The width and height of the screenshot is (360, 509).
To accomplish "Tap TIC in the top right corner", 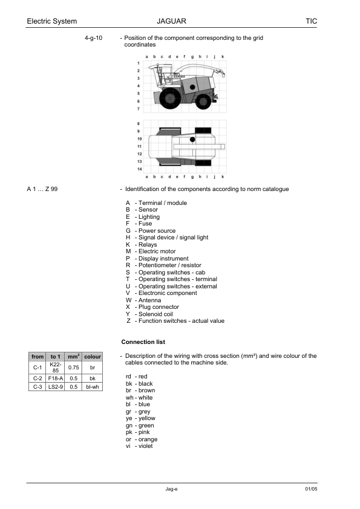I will pyautogui.click(x=311, y=21).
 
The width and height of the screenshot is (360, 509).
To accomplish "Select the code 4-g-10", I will pyautogui.click(x=94, y=38).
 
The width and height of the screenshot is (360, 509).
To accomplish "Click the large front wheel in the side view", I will pyautogui.click(x=171, y=97).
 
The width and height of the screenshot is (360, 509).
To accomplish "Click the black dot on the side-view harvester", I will pyautogui.click(x=192, y=86).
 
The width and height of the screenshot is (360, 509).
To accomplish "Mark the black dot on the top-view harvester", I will pyautogui.click(x=192, y=140).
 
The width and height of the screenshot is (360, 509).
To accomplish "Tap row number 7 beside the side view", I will pyautogui.click(x=139, y=109).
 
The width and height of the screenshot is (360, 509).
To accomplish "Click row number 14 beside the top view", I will pyautogui.click(x=139, y=169).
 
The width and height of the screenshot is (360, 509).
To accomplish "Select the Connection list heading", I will pyautogui.click(x=143, y=342).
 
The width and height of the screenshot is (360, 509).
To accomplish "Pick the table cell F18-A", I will pyautogui.click(x=56, y=378).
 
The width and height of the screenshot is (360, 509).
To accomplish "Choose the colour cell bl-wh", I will pyautogui.click(x=93, y=386).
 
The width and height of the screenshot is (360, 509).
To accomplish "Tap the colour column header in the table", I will pyautogui.click(x=93, y=357).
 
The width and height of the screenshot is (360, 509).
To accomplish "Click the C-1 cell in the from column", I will pyautogui.click(x=37, y=367).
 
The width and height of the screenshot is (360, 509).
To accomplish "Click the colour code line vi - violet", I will pyautogui.click(x=140, y=446).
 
